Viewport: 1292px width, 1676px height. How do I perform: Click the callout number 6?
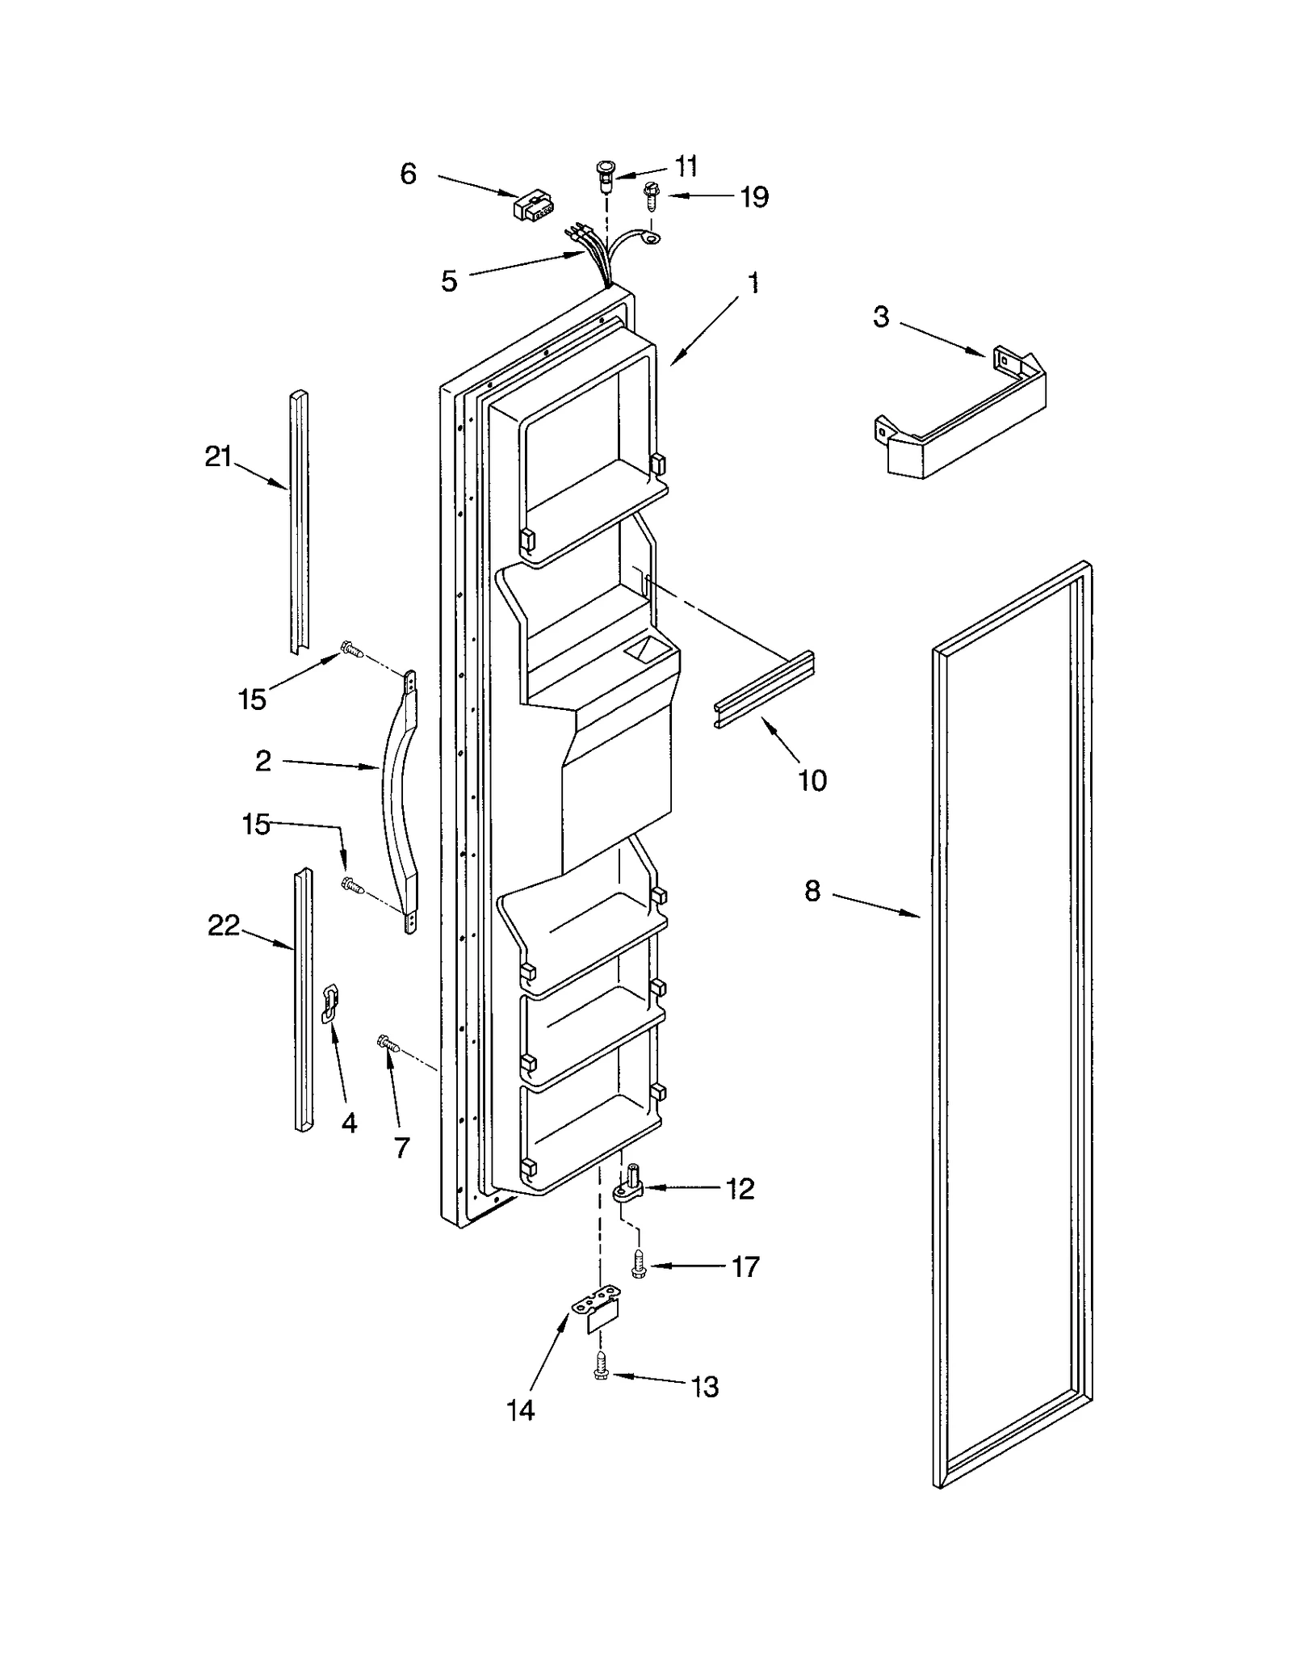[x=408, y=174]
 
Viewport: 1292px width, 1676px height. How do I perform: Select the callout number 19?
[x=754, y=197]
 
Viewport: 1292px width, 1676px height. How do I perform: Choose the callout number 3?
[x=880, y=317]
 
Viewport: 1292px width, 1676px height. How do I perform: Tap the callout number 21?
[x=218, y=458]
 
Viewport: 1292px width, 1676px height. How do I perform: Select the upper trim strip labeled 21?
[x=299, y=521]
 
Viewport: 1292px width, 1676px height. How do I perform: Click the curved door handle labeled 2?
[x=401, y=800]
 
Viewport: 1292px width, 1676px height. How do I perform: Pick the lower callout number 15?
[x=256, y=825]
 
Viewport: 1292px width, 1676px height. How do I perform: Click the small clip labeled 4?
[x=329, y=1002]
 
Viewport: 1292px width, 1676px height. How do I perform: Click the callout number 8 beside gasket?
[x=812, y=891]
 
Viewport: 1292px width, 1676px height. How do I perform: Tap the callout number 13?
[x=704, y=1387]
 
